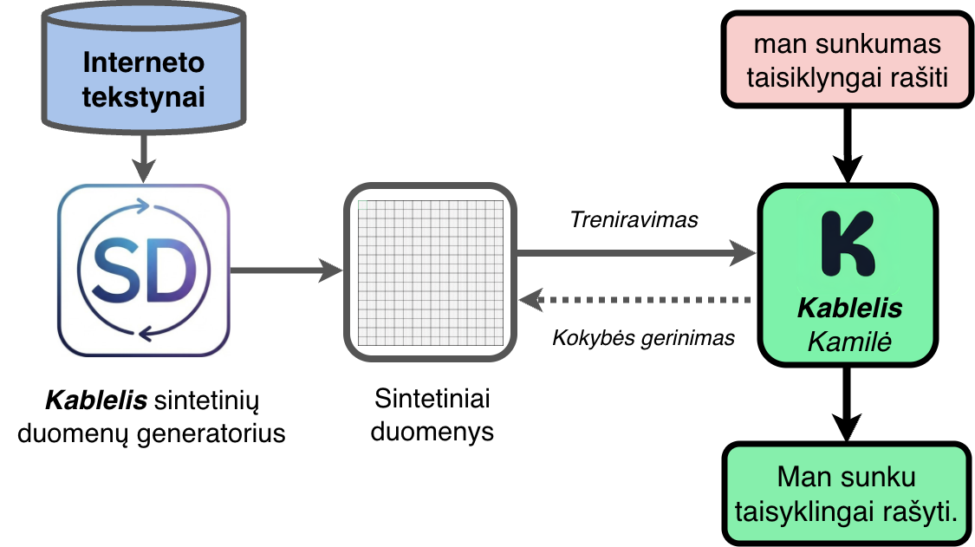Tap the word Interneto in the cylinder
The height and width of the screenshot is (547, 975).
click(x=144, y=62)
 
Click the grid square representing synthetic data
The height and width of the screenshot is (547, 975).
click(x=431, y=270)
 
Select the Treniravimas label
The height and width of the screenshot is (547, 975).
click(x=634, y=220)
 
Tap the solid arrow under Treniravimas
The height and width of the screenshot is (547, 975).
click(x=636, y=253)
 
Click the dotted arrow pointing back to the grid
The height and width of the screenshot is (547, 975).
click(x=636, y=300)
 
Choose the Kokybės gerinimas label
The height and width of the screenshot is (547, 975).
click(x=643, y=338)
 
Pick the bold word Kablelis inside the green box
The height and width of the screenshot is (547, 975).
click(x=849, y=309)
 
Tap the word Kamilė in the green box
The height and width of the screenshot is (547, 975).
click(x=849, y=341)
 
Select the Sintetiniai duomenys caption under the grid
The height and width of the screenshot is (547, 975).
click(x=432, y=414)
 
